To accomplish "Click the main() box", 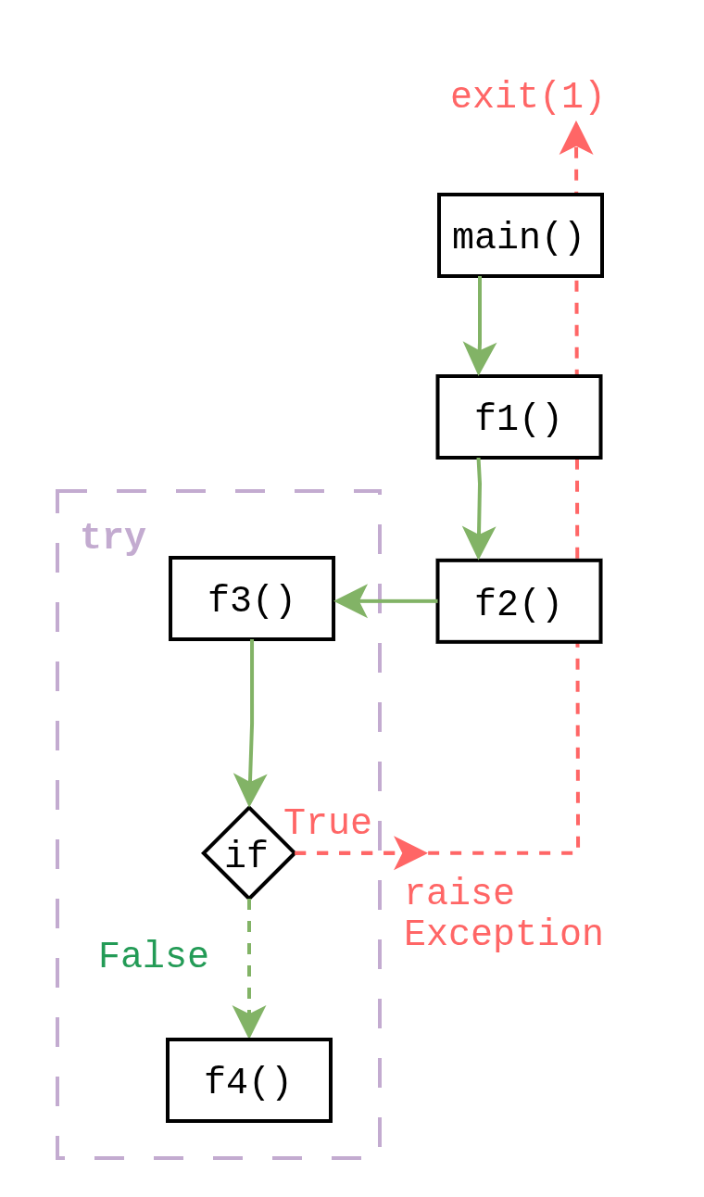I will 520,235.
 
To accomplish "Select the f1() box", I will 519,417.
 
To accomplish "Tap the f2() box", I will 519,601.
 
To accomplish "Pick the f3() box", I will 252,598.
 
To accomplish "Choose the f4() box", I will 249,1080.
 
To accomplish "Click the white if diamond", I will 248,853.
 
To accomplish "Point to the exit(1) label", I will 527,96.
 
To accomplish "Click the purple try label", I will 113,536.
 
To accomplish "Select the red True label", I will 327,822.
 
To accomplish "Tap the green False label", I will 153,955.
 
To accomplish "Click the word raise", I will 459,893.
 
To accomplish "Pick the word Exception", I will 504,933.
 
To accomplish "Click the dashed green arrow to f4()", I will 248,964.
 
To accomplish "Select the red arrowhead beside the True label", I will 410,852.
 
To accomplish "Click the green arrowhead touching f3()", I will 350,600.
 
